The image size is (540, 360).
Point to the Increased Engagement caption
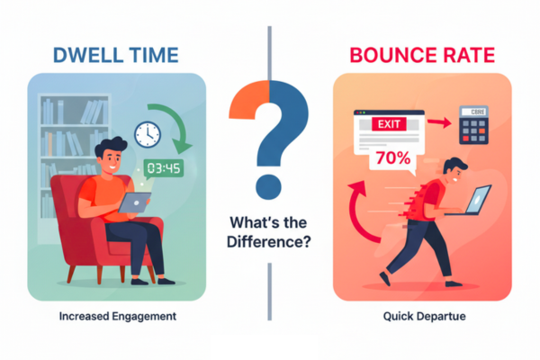pyautogui.click(x=118, y=318)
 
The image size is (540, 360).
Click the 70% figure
pyautogui.click(x=393, y=158)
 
